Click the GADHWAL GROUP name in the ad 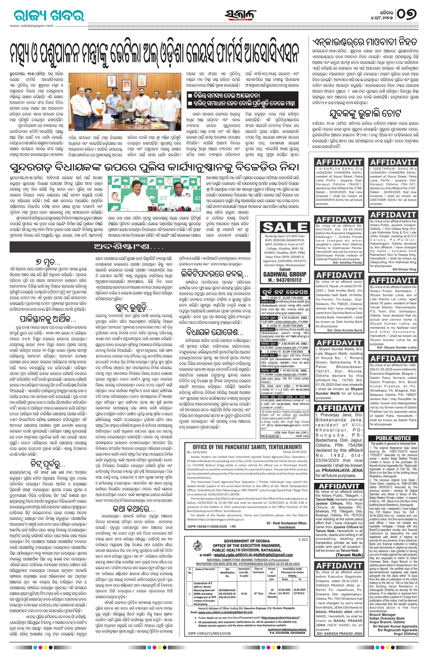coord(285,274)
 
